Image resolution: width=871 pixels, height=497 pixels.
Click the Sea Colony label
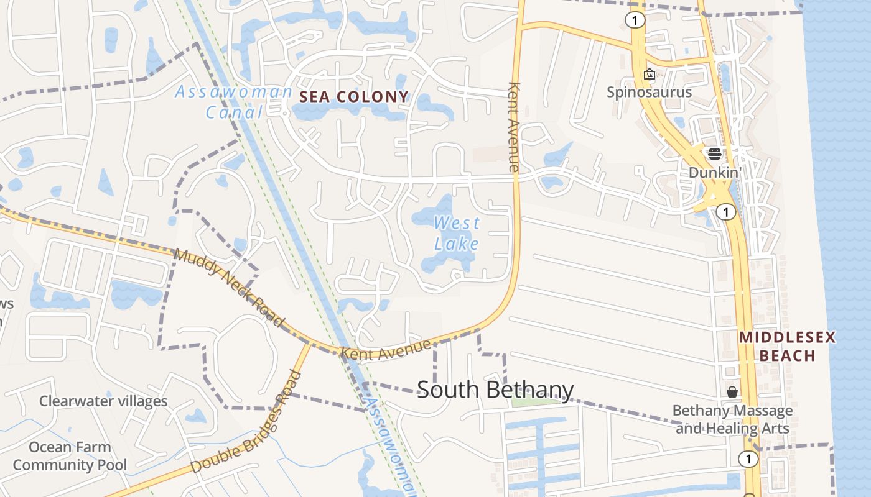point(354,97)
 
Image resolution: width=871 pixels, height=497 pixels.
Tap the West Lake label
point(457,233)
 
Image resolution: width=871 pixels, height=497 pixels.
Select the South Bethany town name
point(495,390)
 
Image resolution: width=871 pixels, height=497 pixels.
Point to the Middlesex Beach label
point(787,347)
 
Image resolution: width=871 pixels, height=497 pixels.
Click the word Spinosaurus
point(650,93)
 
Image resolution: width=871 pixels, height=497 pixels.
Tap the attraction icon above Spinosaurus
point(650,75)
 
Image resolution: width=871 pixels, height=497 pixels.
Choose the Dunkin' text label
point(715,172)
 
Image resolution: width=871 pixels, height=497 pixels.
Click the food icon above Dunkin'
point(714,153)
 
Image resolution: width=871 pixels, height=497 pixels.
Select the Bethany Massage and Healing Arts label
point(732,419)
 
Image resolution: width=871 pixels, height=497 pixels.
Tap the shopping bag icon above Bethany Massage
point(732,392)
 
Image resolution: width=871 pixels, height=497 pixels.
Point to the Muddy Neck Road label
point(229,287)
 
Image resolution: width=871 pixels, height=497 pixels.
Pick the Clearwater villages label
point(103,401)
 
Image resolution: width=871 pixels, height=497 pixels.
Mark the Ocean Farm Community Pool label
point(70,456)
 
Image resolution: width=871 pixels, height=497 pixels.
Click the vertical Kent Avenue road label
point(514,127)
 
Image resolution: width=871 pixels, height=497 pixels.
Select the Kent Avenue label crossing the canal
point(386,349)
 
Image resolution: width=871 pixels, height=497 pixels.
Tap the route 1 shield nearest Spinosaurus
point(635,21)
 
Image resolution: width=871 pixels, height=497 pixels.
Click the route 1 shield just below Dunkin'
point(726,212)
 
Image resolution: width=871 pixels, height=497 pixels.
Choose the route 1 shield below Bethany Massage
point(748,459)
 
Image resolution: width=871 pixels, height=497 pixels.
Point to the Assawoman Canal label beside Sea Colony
point(233,102)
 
